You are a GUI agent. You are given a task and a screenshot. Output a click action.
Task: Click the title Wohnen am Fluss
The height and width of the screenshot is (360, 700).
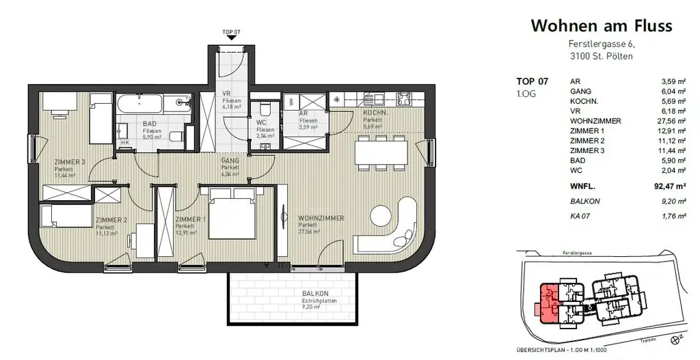point(602,26)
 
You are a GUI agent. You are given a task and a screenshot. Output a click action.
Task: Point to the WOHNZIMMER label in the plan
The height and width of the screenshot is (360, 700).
point(321,218)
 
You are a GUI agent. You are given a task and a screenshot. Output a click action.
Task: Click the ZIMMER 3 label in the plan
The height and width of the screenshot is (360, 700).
point(69,162)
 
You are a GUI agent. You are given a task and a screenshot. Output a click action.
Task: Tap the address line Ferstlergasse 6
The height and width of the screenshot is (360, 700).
point(601,45)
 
